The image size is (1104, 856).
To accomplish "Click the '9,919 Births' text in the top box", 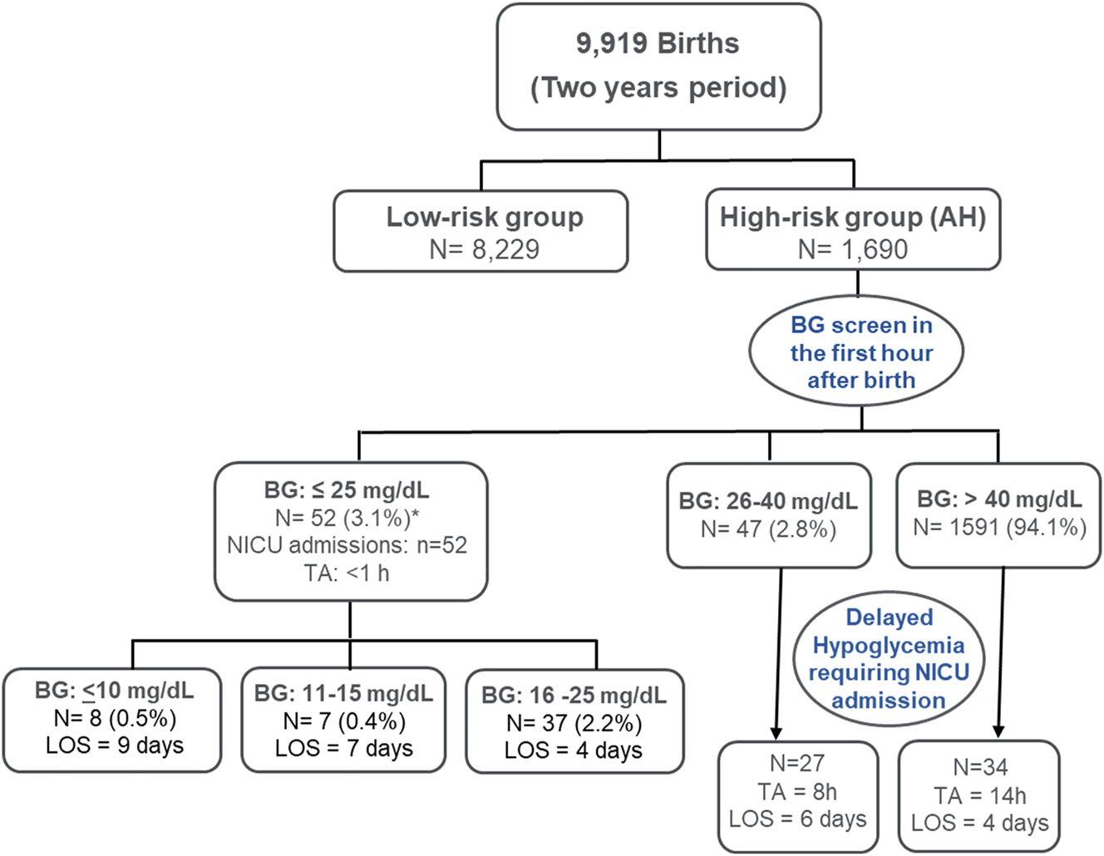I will pyautogui.click(x=658, y=43).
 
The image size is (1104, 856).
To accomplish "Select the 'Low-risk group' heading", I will pyautogui.click(x=484, y=217).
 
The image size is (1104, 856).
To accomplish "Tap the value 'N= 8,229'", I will pyautogui.click(x=484, y=248).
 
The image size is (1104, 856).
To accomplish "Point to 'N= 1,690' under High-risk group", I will pyautogui.click(x=852, y=248).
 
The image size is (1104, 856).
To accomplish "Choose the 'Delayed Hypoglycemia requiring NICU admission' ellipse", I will pyautogui.click(x=889, y=658).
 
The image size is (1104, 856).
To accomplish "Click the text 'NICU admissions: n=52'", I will pyautogui.click(x=347, y=545).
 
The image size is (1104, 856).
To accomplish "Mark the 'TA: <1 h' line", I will pyautogui.click(x=347, y=573).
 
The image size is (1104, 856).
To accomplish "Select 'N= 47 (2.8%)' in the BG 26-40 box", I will pyautogui.click(x=768, y=529).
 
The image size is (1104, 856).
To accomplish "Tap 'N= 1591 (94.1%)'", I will pyautogui.click(x=999, y=528).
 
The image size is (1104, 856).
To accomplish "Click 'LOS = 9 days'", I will pyautogui.click(x=115, y=745).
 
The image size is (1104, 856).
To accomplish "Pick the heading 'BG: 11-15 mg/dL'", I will pyautogui.click(x=343, y=693).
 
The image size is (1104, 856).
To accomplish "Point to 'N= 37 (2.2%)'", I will pyautogui.click(x=574, y=723).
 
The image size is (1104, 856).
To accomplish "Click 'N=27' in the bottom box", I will pyautogui.click(x=796, y=763).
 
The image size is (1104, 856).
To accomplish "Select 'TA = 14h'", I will pyautogui.click(x=979, y=795).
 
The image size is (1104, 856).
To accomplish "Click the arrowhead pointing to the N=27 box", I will pyautogui.click(x=776, y=731).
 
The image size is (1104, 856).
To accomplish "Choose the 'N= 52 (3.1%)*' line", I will pyautogui.click(x=347, y=518).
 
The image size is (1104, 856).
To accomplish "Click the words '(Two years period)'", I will pyautogui.click(x=658, y=87).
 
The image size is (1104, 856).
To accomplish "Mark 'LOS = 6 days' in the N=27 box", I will pyautogui.click(x=797, y=819).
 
